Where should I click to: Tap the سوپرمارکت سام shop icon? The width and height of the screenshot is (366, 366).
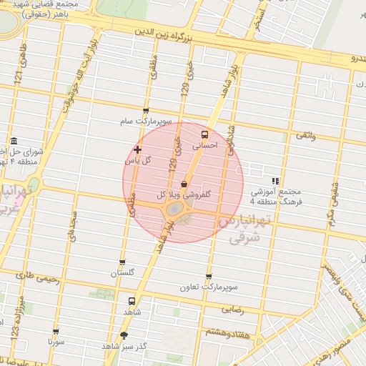(146, 112)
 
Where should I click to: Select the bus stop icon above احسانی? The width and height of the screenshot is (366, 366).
(205, 134)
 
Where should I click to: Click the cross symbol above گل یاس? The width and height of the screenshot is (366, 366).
(137, 149)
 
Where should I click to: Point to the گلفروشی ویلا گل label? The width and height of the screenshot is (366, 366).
(183, 194)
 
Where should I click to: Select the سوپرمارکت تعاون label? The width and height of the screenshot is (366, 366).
(209, 287)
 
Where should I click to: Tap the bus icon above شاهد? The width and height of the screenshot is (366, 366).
(131, 302)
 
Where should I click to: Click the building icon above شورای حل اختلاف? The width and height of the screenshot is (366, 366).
(13, 142)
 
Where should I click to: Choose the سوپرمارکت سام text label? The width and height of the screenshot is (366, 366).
(146, 122)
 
